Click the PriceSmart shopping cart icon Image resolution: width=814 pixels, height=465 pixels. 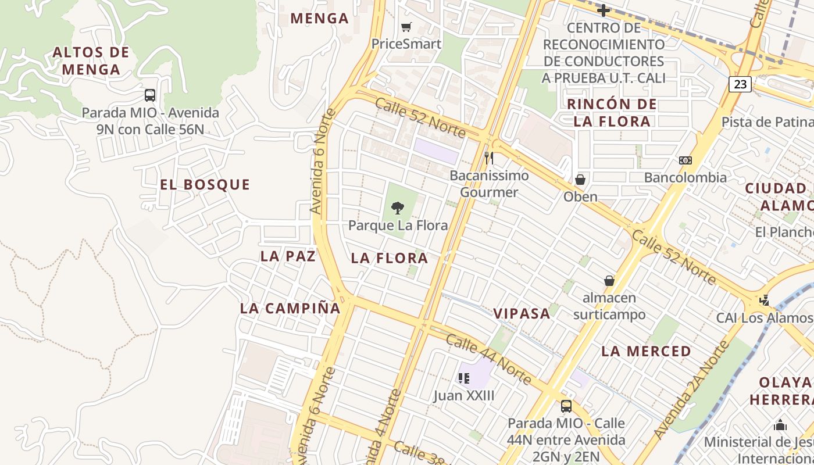click(406, 27)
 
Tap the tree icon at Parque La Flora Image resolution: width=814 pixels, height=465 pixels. click(398, 208)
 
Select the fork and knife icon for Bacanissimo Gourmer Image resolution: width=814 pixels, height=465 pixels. click(489, 158)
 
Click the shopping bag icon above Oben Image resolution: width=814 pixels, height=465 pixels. click(580, 180)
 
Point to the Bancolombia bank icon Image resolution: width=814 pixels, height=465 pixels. click(685, 160)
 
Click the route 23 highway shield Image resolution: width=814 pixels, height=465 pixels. click(740, 84)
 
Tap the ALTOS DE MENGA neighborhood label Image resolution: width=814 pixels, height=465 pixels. click(91, 61)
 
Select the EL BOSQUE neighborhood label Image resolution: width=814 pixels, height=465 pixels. click(205, 185)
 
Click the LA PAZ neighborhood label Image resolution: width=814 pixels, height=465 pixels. click(288, 256)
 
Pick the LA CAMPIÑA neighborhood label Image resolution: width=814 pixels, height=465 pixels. click(290, 309)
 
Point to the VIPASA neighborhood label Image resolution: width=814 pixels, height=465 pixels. click(522, 314)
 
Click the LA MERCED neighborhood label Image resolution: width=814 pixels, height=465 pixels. click(646, 351)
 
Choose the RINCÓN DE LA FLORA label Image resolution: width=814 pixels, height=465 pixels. click(612, 113)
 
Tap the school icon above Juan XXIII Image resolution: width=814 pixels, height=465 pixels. click(463, 379)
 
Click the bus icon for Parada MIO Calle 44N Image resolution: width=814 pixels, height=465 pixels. click(566, 406)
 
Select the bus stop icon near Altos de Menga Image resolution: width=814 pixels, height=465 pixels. click(150, 95)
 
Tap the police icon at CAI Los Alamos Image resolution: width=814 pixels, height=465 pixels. click(765, 300)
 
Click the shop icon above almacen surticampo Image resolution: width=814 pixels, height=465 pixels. click(609, 281)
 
